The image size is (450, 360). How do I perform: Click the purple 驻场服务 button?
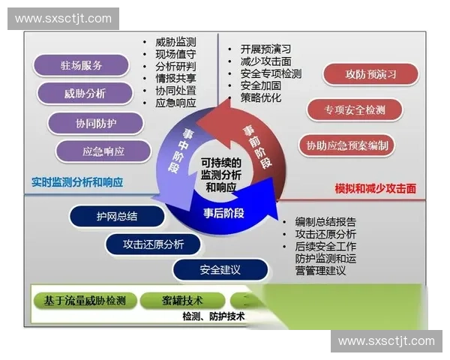click(82, 65)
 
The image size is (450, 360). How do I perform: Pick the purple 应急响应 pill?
click(103, 151)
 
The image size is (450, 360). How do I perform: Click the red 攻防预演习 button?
click(370, 74)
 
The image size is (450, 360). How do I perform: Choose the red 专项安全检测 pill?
click(355, 109)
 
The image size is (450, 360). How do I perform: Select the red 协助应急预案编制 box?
click(347, 145)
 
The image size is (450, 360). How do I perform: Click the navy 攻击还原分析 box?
click(154, 244)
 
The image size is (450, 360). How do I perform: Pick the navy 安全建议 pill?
click(220, 270)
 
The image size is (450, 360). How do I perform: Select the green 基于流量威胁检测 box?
click(85, 301)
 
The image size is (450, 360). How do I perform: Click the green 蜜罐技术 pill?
click(182, 301)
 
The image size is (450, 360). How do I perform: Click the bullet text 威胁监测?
click(175, 43)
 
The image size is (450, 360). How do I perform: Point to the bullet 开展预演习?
click(265, 49)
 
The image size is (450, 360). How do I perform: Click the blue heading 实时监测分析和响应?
click(77, 181)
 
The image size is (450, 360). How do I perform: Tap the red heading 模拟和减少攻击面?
click(377, 190)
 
